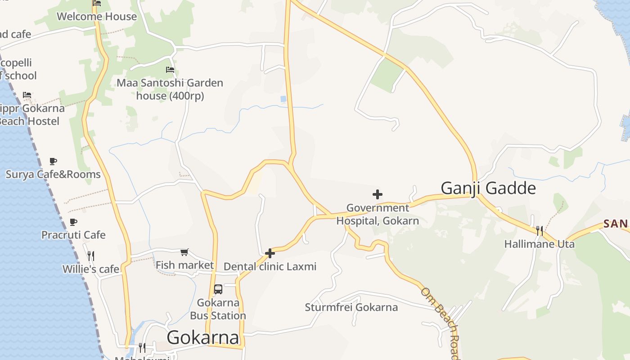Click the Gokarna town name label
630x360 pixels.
click(202, 337)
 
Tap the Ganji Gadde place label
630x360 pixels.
click(488, 188)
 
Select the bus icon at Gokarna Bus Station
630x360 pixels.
click(218, 289)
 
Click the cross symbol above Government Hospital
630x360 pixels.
click(378, 194)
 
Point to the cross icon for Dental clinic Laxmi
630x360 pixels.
click(270, 253)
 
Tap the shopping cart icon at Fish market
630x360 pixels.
click(184, 252)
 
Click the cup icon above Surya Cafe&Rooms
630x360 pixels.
click(53, 161)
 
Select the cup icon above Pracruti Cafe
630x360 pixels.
click(73, 222)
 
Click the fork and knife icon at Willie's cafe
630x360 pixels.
click(91, 256)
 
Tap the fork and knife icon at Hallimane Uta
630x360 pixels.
click(539, 231)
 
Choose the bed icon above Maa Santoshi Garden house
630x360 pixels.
click(170, 70)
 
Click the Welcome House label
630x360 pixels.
click(96, 17)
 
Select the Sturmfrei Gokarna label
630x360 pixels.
click(351, 307)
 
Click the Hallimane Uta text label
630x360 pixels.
click(539, 244)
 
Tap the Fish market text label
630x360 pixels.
click(184, 265)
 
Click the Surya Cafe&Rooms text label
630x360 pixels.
click(53, 174)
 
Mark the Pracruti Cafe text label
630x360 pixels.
click(73, 235)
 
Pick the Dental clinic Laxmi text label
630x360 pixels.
click(270, 266)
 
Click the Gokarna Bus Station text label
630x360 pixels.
click(218, 309)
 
